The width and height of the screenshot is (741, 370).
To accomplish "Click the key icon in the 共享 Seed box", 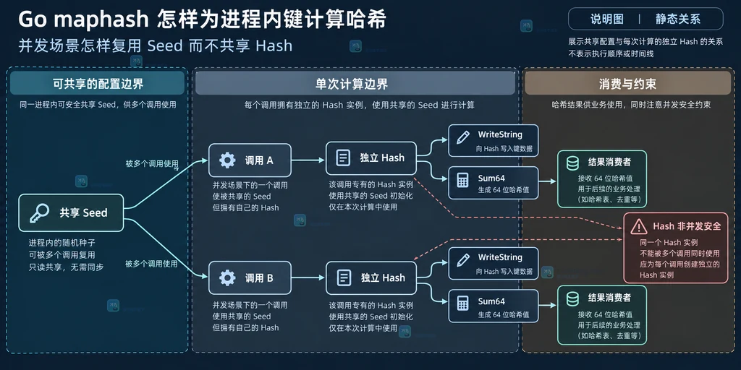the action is click(x=39, y=213).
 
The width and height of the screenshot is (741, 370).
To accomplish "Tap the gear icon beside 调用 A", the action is click(x=227, y=160).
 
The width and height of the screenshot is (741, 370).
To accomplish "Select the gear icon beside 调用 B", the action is click(x=227, y=278).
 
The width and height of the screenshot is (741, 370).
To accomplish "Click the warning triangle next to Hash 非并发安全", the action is click(x=638, y=227).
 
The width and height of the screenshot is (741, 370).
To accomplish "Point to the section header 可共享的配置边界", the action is click(x=98, y=84).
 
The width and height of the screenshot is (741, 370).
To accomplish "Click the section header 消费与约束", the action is click(x=627, y=84).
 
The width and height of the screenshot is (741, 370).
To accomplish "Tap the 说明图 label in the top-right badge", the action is click(x=607, y=19).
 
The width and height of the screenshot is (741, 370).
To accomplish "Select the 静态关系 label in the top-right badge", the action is click(x=677, y=19).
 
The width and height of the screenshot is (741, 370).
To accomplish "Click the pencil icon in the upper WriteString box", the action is click(x=463, y=137).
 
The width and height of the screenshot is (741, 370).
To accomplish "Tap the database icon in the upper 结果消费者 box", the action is click(x=572, y=163).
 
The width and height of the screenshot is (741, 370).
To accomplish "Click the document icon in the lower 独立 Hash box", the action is click(x=343, y=277).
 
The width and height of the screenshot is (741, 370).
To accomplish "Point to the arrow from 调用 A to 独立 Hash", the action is click(x=308, y=160).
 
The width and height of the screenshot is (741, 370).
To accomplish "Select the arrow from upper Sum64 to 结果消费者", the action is click(x=548, y=181).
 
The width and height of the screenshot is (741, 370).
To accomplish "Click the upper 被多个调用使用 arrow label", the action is click(x=152, y=164).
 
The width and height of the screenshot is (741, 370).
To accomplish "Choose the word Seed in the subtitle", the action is click(x=165, y=46).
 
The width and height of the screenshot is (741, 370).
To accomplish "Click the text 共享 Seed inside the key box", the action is click(x=84, y=213).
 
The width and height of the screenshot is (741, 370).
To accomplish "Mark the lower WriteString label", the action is click(x=500, y=257).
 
